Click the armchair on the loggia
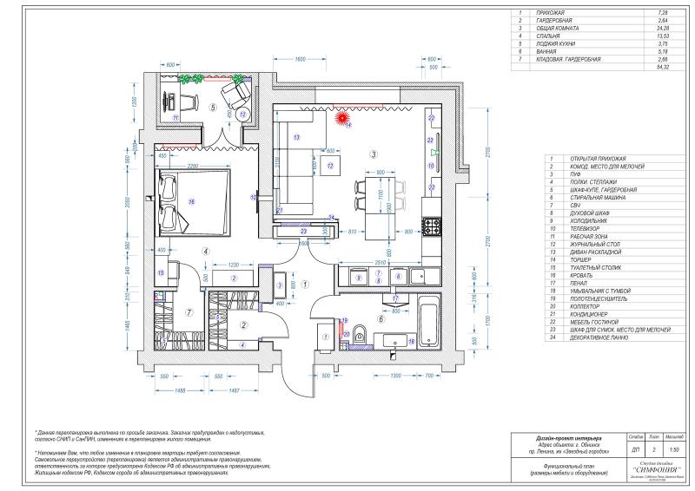234,89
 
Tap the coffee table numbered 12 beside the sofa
331,167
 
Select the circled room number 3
373,154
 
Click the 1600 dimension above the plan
300,59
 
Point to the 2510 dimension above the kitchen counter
374,260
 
